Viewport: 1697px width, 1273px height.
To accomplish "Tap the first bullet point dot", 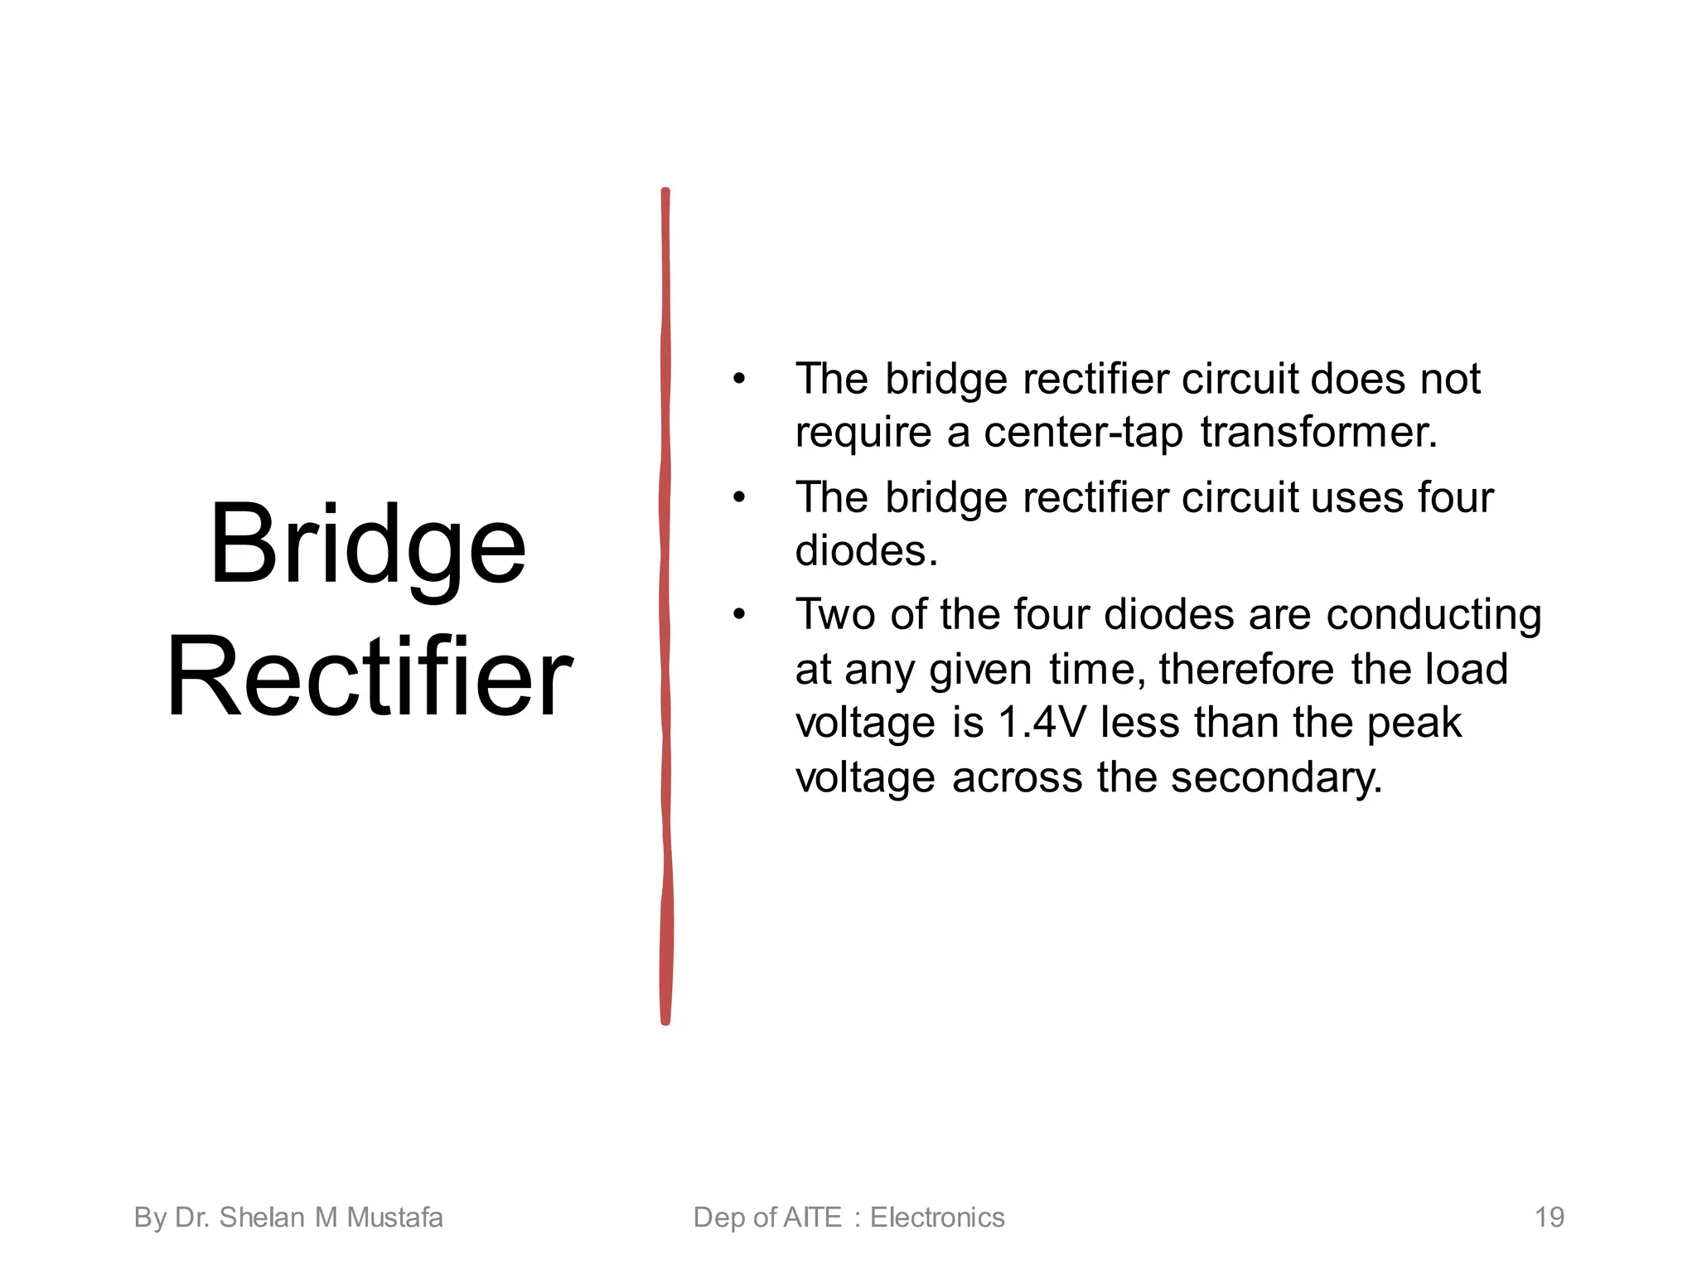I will tap(739, 380).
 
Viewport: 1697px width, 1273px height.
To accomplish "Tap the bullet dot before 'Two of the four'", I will tap(739, 615).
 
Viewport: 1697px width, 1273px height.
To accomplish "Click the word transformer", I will tap(1318, 432).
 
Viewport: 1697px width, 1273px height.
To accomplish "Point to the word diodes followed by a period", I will tap(866, 550).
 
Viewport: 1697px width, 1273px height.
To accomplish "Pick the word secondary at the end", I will tap(1276, 778).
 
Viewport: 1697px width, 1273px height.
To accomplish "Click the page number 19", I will tap(1549, 1217).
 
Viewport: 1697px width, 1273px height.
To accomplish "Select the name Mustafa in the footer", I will tap(394, 1217).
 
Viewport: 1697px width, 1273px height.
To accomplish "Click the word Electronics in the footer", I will tap(937, 1217).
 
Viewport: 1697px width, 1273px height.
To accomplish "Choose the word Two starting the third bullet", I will tap(835, 616).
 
